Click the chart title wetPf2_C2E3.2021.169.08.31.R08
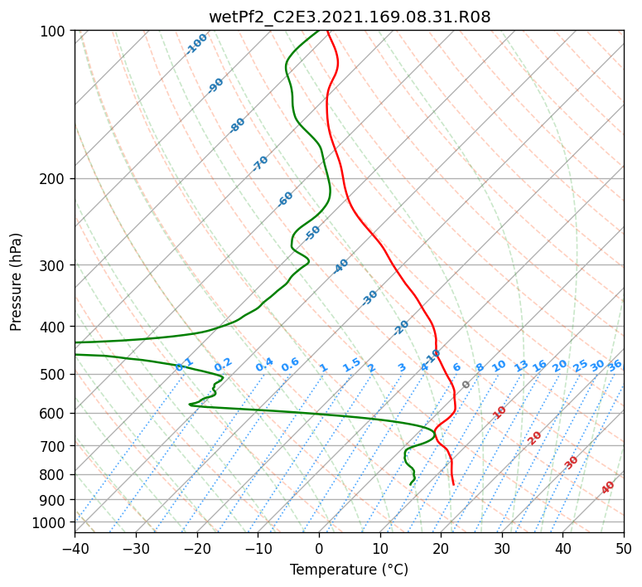pyautogui.click(x=350, y=17)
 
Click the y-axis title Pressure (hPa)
pyautogui.click(x=16, y=282)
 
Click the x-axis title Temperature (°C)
pyautogui.click(x=350, y=570)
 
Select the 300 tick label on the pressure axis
pyautogui.click(x=55, y=265)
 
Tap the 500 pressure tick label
pyautogui.click(x=55, y=375)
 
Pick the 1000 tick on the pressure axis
pyautogui.click(x=53, y=522)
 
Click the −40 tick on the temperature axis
pyautogui.click(x=75, y=549)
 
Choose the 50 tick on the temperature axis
pyautogui.click(x=624, y=549)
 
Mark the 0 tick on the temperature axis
pyautogui.click(x=319, y=549)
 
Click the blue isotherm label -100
pyautogui.click(x=196, y=44)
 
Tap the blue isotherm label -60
pyautogui.click(x=285, y=199)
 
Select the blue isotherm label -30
pyautogui.click(x=369, y=298)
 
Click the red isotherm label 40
pyautogui.click(x=607, y=488)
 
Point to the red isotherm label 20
pyautogui.click(x=534, y=439)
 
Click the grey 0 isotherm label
pyautogui.click(x=466, y=385)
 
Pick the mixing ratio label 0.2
pyautogui.click(x=223, y=365)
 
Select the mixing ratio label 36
pyautogui.click(x=615, y=366)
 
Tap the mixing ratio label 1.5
pyautogui.click(x=352, y=365)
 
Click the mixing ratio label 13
pyautogui.click(x=521, y=366)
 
